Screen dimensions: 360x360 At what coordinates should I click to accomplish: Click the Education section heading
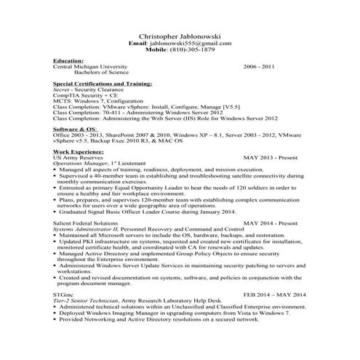pyautogui.click(x=68, y=60)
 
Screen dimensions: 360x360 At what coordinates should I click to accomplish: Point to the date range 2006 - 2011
pyautogui.click(x=260, y=66)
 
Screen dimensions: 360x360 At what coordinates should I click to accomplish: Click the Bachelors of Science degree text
pyautogui.click(x=101, y=73)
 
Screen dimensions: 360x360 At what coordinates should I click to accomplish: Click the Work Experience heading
pyautogui.click(x=78, y=151)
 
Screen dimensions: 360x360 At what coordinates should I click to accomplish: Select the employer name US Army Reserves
pyautogui.click(x=79, y=157)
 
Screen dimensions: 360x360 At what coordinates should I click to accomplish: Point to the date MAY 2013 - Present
pyautogui.click(x=270, y=157)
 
